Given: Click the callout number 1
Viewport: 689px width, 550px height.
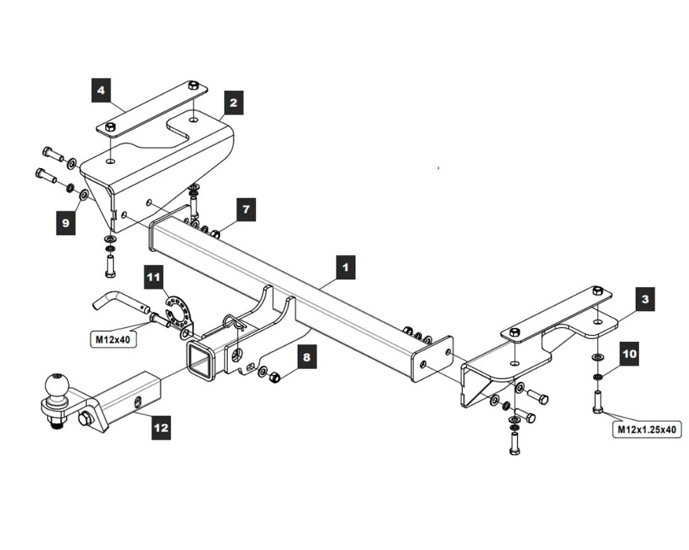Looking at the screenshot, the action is coord(346,267).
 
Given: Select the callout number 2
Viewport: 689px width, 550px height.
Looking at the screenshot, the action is coord(233,103).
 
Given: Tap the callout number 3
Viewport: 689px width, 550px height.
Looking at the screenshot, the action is coord(645,299).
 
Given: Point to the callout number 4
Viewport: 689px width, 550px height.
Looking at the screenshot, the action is coord(101,90).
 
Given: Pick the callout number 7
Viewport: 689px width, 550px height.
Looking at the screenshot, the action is coord(246,209).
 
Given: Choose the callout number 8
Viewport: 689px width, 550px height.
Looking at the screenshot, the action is coord(307,357).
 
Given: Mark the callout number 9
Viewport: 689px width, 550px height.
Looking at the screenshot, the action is coord(66,223).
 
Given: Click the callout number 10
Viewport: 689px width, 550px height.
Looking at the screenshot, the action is coord(629,354).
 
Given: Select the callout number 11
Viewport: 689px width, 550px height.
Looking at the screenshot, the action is coord(154,277).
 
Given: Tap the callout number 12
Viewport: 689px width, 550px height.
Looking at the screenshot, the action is coord(161,427).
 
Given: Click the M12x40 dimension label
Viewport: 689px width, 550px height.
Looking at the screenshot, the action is coord(113,340).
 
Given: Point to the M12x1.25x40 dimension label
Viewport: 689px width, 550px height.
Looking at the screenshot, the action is coord(647,429).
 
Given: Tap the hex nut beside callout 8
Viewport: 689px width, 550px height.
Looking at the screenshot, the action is coord(275,376).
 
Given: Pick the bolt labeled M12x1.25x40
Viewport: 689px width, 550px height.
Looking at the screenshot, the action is coord(597,401).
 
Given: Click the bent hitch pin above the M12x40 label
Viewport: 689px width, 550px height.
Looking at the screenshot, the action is coord(121,301).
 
